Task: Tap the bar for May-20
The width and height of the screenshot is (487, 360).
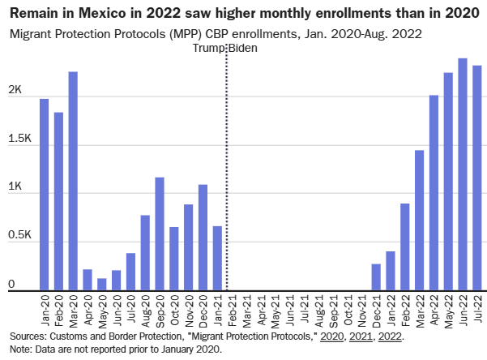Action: pos(102,284)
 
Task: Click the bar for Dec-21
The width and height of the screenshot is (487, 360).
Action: pos(376,276)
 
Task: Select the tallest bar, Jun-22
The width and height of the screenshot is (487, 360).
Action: pos(463,174)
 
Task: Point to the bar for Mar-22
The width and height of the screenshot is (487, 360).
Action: pos(420,220)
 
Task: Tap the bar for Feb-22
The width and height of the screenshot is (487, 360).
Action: pos(405,246)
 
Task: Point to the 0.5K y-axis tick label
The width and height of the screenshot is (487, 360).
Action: pos(19,236)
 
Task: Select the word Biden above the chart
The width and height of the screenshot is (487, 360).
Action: pos(244,49)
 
